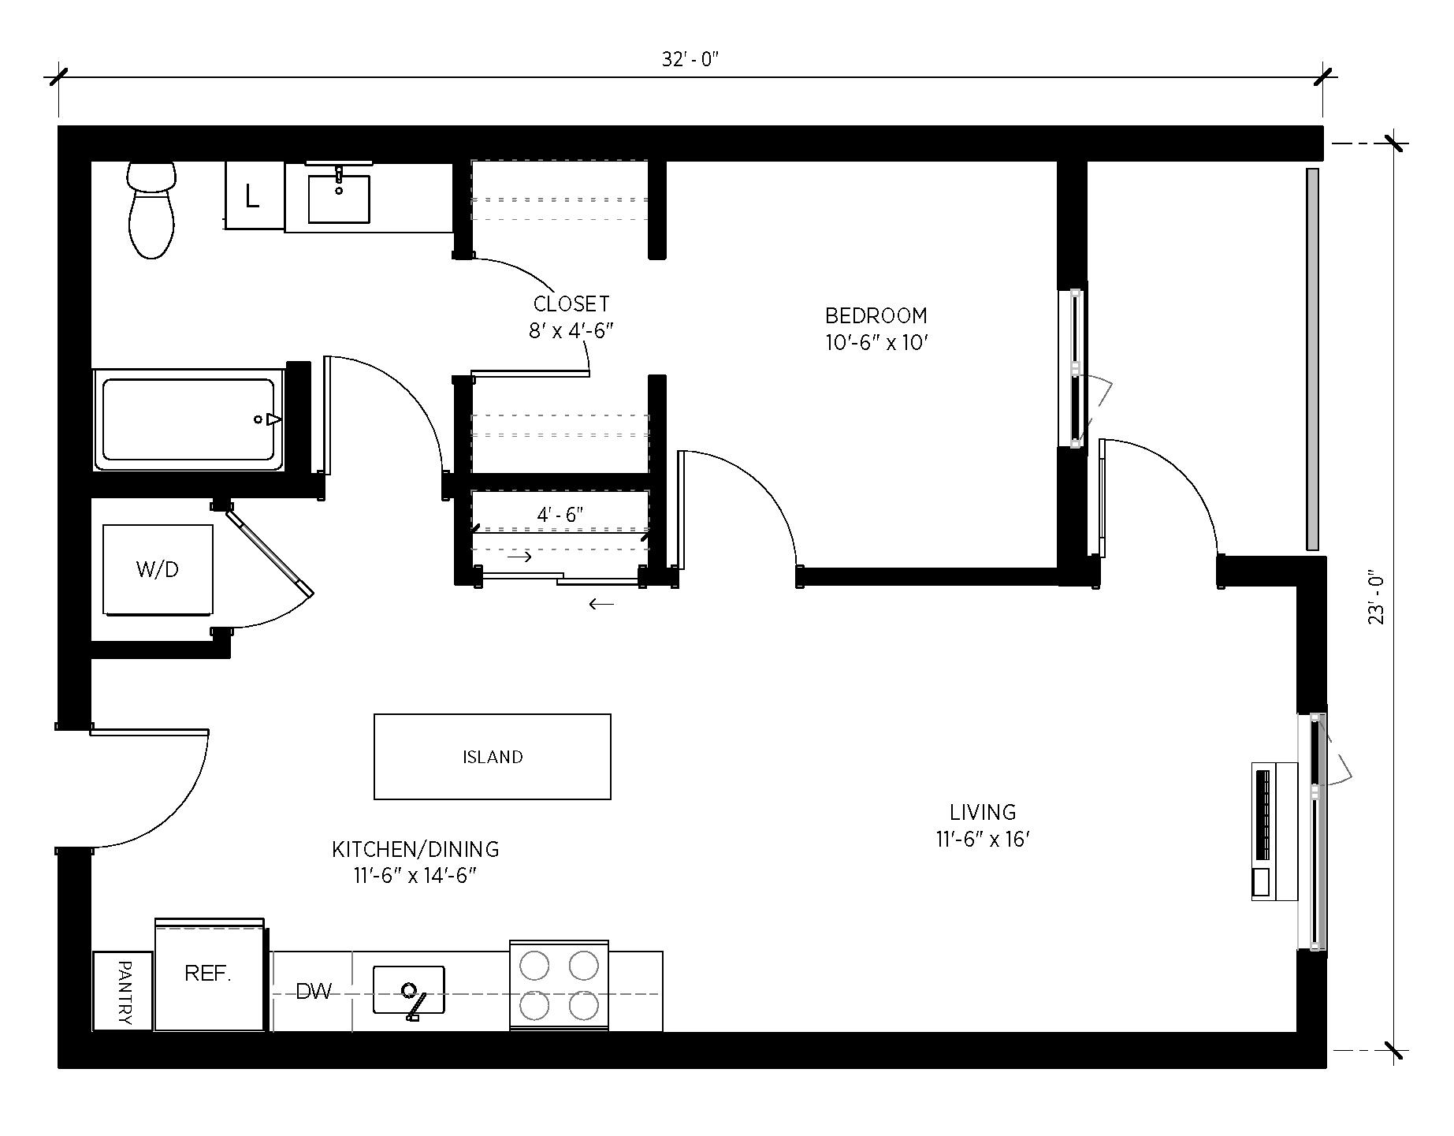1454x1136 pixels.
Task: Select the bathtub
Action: (x=188, y=419)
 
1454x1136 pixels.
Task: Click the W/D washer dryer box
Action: (x=158, y=570)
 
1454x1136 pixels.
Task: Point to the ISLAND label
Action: (x=493, y=758)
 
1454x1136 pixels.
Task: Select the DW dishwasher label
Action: (x=314, y=992)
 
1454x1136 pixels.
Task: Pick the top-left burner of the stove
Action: (x=534, y=966)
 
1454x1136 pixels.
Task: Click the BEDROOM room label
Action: (x=876, y=316)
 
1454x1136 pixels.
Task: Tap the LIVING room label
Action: (x=982, y=812)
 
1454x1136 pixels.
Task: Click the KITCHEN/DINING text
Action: (x=415, y=850)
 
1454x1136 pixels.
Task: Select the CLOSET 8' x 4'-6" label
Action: (x=571, y=316)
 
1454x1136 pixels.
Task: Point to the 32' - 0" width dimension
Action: (x=690, y=60)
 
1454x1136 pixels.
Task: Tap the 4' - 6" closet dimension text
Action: (x=560, y=516)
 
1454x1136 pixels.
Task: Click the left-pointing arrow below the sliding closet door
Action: (x=601, y=605)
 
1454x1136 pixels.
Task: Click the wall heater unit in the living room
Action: (x=1274, y=831)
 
